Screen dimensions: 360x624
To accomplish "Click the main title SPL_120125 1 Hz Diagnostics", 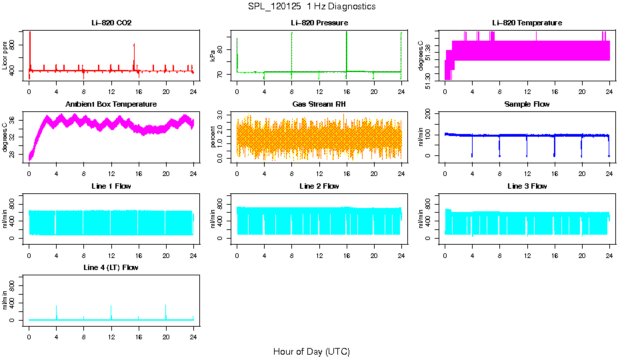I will click(x=311, y=7).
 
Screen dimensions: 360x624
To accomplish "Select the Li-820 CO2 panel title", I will click(x=111, y=23).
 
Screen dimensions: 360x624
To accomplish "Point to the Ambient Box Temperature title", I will click(x=111, y=104).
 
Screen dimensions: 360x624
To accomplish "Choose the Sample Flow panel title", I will click(x=527, y=104).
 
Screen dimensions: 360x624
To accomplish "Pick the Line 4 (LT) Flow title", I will click(x=111, y=267).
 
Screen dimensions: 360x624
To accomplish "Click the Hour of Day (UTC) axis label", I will click(x=311, y=351).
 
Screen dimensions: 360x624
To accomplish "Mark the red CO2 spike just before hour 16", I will click(x=134, y=45).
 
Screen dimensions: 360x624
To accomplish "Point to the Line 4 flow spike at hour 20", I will click(x=165, y=306).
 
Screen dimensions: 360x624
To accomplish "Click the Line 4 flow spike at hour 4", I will click(x=56, y=307).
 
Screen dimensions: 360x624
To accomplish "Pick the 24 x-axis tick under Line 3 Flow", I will click(x=609, y=248).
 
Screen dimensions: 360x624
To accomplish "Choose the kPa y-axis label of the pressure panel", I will click(x=213, y=55).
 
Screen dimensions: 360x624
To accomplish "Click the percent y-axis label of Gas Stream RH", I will click(x=213, y=137).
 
